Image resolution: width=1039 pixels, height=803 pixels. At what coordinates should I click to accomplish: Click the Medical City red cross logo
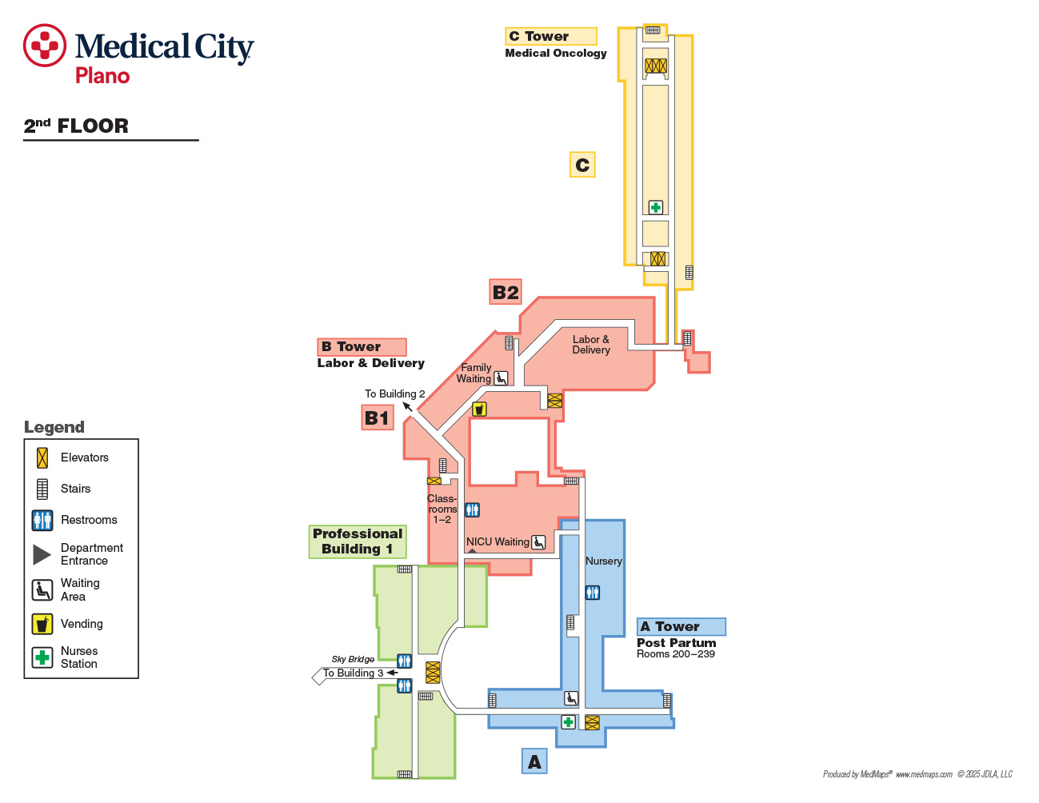(x=45, y=46)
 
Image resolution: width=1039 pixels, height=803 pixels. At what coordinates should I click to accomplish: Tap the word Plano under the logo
(x=102, y=76)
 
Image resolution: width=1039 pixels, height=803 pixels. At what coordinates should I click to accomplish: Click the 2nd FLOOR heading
(x=76, y=126)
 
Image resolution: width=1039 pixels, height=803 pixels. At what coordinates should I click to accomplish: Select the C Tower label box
(x=551, y=36)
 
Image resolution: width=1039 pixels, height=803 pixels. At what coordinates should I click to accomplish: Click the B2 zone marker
(x=506, y=292)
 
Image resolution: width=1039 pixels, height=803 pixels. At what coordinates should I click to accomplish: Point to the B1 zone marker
(x=378, y=417)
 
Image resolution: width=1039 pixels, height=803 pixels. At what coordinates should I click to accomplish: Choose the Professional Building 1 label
(x=358, y=541)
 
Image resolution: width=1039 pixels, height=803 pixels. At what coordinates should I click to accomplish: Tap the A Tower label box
(x=681, y=626)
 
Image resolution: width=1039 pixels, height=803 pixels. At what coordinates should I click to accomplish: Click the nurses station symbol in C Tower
(x=656, y=207)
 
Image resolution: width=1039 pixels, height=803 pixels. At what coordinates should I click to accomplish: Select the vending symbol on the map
(x=480, y=409)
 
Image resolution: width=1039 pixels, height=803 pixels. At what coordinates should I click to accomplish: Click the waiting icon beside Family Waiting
(x=501, y=378)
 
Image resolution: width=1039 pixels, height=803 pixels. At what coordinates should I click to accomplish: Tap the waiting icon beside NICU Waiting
(x=538, y=542)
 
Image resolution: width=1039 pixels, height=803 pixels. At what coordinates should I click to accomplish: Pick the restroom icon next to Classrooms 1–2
(x=473, y=510)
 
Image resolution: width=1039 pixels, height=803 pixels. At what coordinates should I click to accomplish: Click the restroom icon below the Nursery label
(x=593, y=593)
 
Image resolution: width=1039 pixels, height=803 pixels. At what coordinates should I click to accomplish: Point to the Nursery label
(x=603, y=561)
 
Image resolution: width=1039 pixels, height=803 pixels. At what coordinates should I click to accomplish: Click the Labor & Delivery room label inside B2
(x=591, y=345)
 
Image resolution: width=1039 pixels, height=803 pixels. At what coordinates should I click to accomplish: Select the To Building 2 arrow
(x=407, y=407)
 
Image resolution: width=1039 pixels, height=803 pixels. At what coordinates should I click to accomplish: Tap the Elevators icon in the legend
(x=42, y=458)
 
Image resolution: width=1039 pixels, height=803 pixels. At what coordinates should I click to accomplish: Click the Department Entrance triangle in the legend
(x=42, y=554)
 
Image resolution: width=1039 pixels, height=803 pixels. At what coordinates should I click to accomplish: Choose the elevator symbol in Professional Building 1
(x=433, y=673)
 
